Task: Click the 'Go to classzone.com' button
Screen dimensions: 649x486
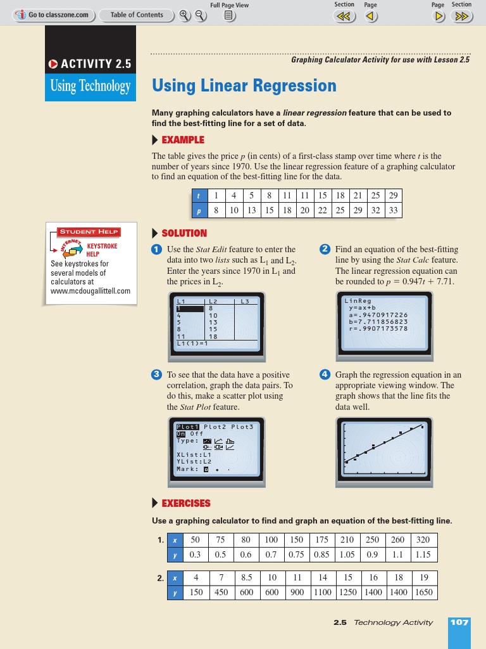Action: tap(54, 15)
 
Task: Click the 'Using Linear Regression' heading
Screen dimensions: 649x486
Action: tap(244, 86)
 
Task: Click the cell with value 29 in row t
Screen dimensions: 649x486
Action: tap(393, 196)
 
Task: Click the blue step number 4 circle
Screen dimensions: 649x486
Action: tap(325, 375)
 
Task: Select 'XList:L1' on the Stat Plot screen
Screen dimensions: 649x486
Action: tap(194, 453)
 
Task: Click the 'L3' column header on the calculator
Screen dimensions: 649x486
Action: tap(245, 301)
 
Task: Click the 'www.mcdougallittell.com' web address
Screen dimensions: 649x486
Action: tap(90, 291)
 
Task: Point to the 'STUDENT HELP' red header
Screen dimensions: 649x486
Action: tap(90, 231)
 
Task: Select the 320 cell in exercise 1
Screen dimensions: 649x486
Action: tap(423, 540)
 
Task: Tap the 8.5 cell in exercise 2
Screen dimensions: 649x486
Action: tap(247, 578)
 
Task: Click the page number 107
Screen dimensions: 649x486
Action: tap(459, 622)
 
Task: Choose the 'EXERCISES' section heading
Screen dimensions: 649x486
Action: tap(185, 503)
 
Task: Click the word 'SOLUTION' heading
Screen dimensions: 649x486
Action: tap(184, 233)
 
